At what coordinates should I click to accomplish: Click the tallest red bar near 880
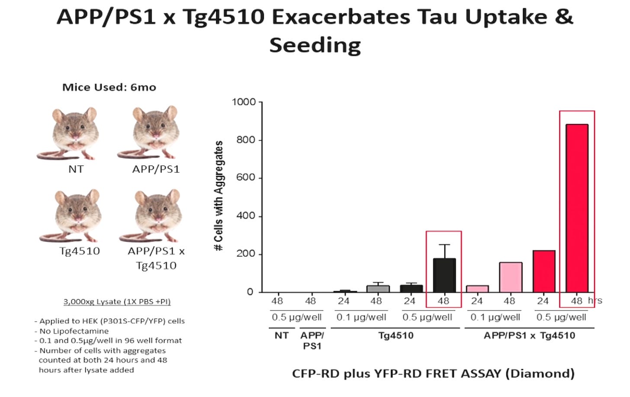click(x=577, y=208)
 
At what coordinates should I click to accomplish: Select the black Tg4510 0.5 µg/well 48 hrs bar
click(x=444, y=275)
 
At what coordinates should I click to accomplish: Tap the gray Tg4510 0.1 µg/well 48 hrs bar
click(x=378, y=289)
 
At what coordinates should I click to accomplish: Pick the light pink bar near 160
click(x=511, y=278)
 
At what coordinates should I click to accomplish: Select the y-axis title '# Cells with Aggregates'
click(x=219, y=196)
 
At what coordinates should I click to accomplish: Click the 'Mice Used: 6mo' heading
click(x=109, y=87)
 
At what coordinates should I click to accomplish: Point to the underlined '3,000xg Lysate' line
click(x=117, y=302)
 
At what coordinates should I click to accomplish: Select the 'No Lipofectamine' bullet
click(x=71, y=331)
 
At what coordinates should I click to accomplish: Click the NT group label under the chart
click(x=282, y=336)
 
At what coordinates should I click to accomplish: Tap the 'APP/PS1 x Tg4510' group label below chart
click(x=529, y=336)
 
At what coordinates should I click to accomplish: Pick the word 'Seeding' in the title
click(x=315, y=45)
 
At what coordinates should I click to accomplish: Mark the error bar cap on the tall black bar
click(x=444, y=245)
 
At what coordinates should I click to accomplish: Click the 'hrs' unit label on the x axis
click(x=595, y=300)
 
